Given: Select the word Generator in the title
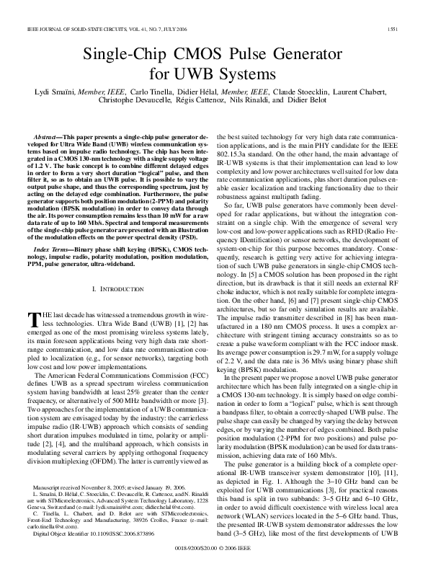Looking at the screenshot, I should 303,55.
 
